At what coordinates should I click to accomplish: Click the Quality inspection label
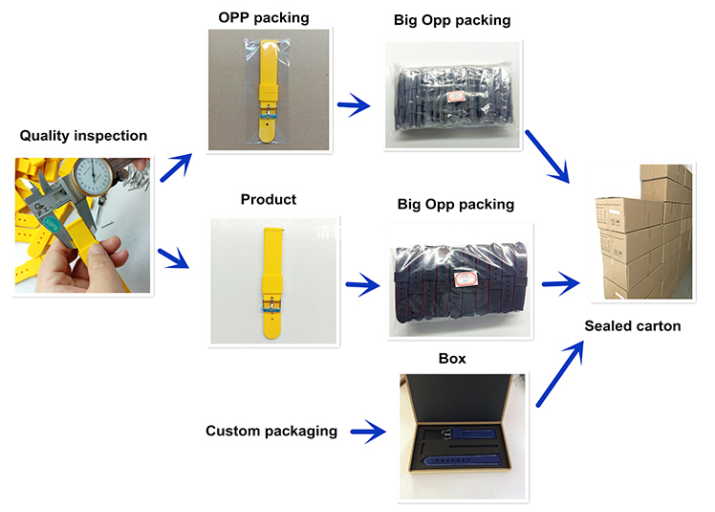pos(84,136)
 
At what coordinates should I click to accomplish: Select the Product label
pos(269,199)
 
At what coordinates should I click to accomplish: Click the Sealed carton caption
pos(633,326)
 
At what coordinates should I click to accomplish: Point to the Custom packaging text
pos(271,431)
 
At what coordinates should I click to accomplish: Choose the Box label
pos(452,359)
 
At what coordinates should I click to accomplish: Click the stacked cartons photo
pos(642,233)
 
